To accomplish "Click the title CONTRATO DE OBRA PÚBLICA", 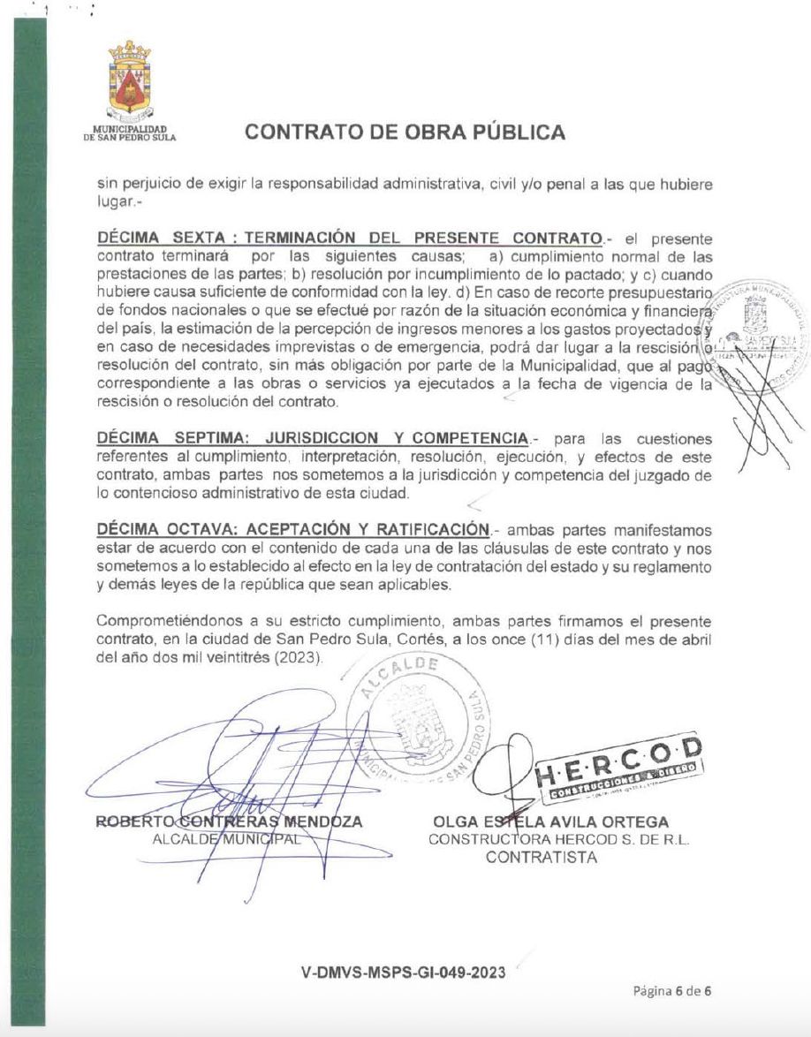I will [405, 132].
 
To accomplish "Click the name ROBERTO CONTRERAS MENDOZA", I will [229, 821].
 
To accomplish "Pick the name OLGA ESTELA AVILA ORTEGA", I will [551, 822].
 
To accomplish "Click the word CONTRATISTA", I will [542, 857].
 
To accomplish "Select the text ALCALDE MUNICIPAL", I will [228, 839].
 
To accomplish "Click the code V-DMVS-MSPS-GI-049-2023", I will [405, 973].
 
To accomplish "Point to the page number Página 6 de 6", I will [672, 990].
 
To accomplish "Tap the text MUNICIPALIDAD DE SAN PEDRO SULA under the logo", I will [129, 133].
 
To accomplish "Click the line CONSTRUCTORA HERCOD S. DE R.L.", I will [558, 840].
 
